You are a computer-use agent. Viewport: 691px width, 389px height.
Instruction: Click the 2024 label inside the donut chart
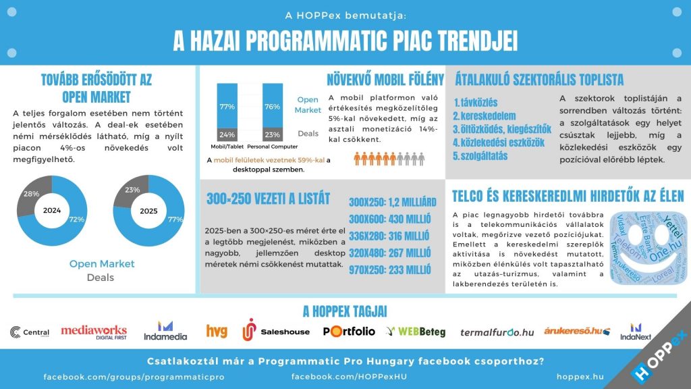pyautogui.click(x=52, y=210)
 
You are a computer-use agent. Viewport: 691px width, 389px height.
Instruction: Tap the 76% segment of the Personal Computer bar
pyautogui.click(x=273, y=107)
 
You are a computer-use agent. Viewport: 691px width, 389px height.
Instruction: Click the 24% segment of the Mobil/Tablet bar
pyautogui.click(x=227, y=134)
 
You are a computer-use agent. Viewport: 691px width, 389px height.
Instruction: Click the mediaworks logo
pyautogui.click(x=94, y=331)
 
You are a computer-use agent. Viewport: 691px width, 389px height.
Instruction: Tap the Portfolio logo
pyautogui.click(x=349, y=331)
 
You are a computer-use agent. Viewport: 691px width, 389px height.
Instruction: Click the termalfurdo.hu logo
pyautogui.click(x=497, y=332)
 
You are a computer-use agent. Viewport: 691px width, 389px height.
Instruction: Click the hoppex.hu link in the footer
pyautogui.click(x=580, y=375)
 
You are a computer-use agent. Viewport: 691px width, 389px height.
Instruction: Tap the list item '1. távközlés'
pyautogui.click(x=475, y=103)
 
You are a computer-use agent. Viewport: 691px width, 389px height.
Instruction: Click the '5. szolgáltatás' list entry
pyautogui.click(x=480, y=155)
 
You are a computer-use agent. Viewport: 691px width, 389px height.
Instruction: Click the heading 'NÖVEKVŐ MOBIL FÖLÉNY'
pyautogui.click(x=385, y=80)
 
